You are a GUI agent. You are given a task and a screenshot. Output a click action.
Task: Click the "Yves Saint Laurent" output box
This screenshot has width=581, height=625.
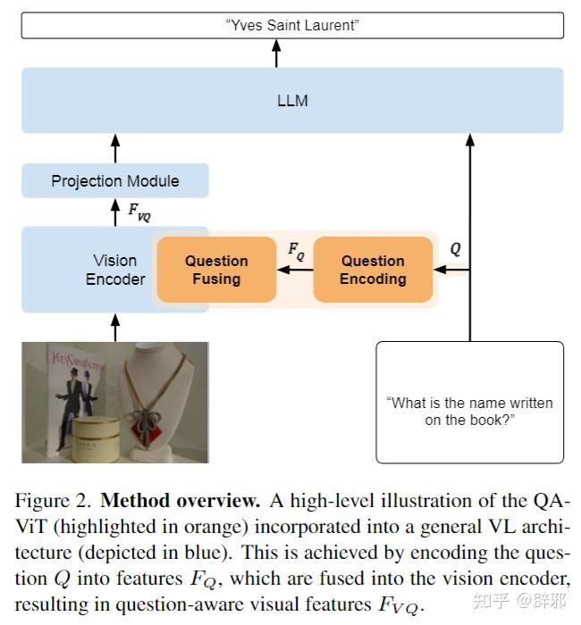click(292, 25)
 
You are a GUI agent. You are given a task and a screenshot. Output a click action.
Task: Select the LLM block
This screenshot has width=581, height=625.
click(292, 100)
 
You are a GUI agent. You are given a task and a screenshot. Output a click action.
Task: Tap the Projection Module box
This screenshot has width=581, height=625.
click(114, 181)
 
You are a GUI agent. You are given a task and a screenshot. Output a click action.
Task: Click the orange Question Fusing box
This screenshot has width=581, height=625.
click(216, 270)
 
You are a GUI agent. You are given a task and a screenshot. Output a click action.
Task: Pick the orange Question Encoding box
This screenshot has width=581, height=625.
click(373, 270)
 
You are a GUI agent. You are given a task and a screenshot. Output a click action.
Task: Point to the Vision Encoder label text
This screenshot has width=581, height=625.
click(115, 270)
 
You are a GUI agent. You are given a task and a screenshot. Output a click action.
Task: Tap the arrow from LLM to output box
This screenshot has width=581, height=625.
click(276, 53)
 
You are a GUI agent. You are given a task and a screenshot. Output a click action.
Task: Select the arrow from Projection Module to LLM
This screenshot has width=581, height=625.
click(114, 147)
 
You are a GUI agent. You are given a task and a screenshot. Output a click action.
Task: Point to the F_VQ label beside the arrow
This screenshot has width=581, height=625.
click(139, 212)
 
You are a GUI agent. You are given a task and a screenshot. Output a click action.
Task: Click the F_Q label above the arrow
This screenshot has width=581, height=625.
click(296, 251)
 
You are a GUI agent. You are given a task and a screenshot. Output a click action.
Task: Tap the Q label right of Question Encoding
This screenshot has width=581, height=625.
click(455, 250)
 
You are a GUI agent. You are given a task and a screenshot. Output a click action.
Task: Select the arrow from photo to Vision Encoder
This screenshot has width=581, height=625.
click(114, 327)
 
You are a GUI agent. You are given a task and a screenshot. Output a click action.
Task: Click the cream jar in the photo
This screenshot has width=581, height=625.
click(97, 438)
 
